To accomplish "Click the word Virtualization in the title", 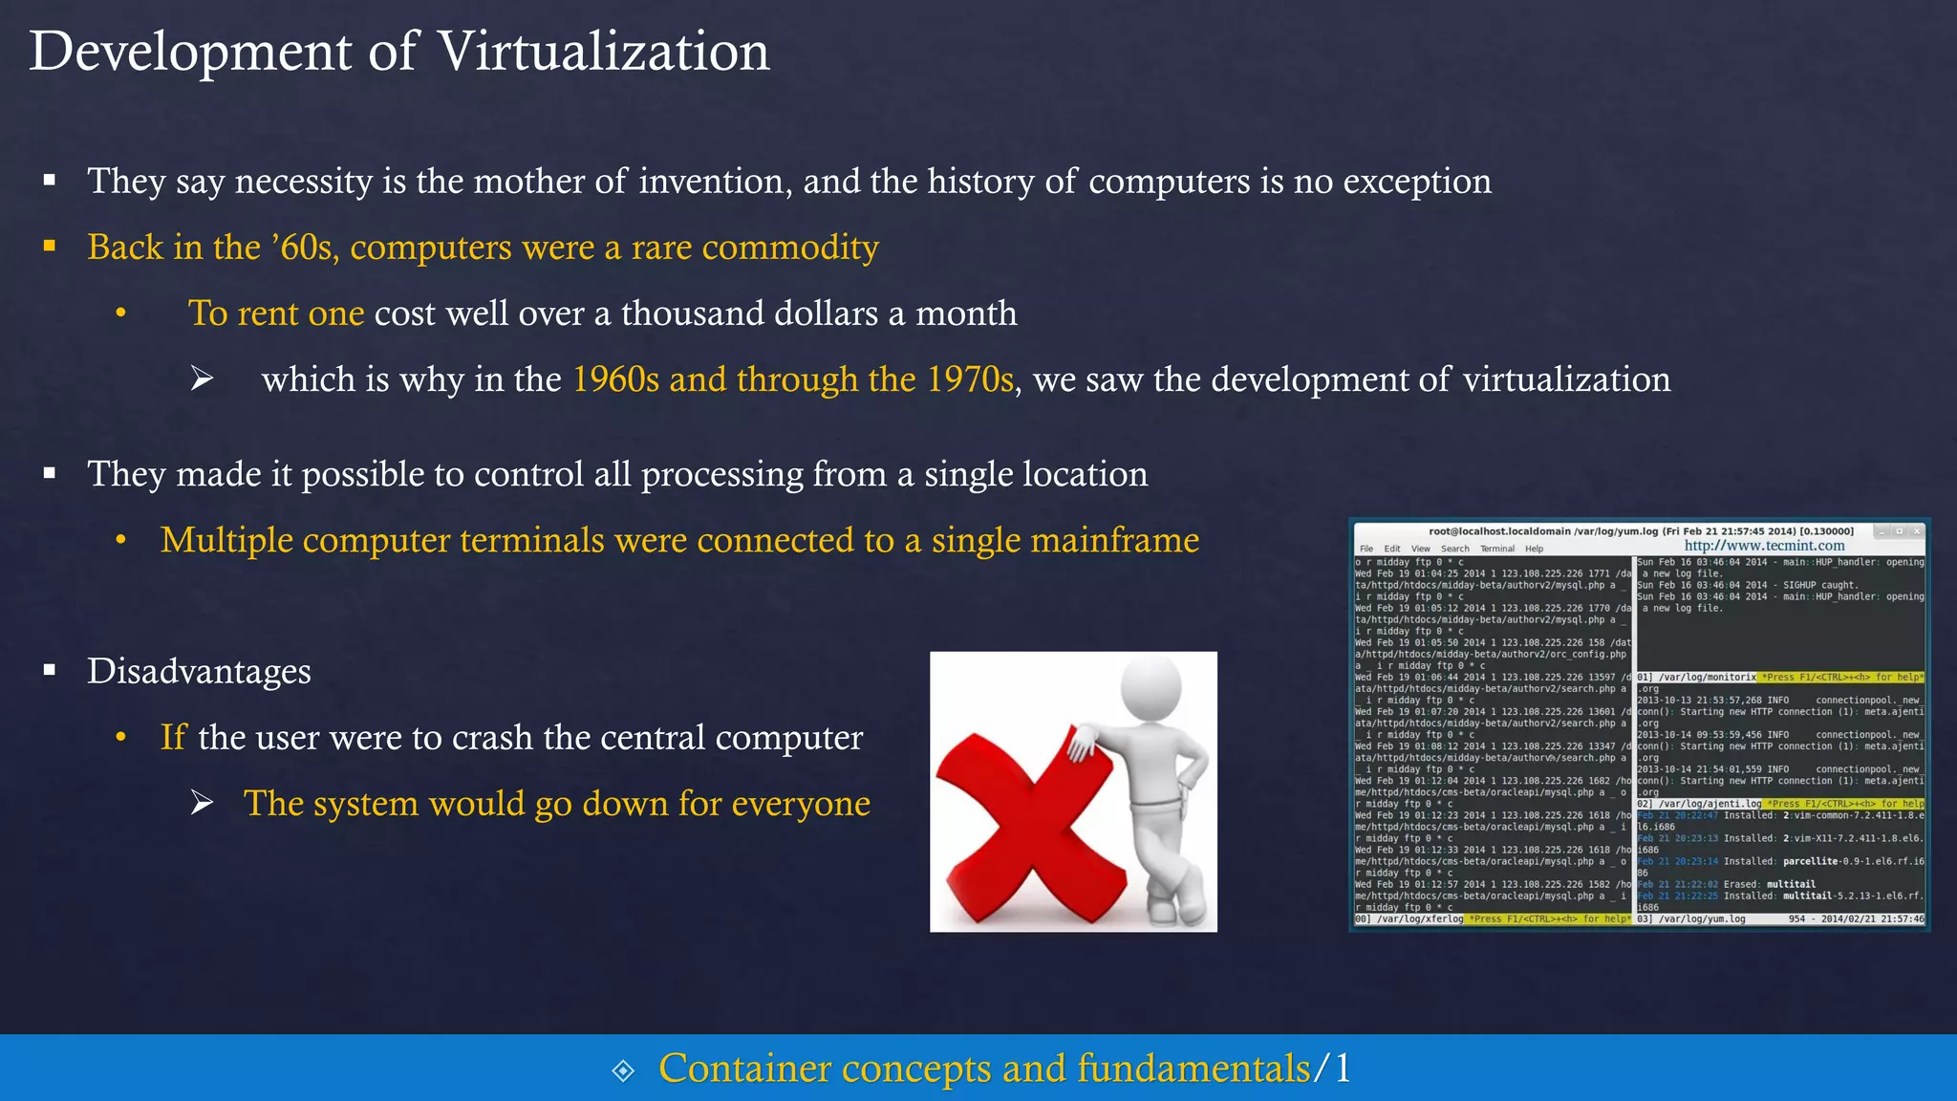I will click(603, 52).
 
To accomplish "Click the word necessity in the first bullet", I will click(304, 182).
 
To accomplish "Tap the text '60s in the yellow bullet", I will click(304, 248).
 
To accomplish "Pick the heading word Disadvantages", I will click(199, 671).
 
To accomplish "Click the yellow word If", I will click(173, 737).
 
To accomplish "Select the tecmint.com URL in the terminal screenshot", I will click(1764, 546).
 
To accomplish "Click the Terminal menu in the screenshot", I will click(1497, 549).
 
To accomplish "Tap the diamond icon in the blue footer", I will click(623, 1070).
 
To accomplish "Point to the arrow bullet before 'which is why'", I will click(202, 379).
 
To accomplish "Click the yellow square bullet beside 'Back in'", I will click(50, 247).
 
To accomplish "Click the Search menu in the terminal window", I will click(1454, 549).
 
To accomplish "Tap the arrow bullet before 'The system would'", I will click(202, 803).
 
